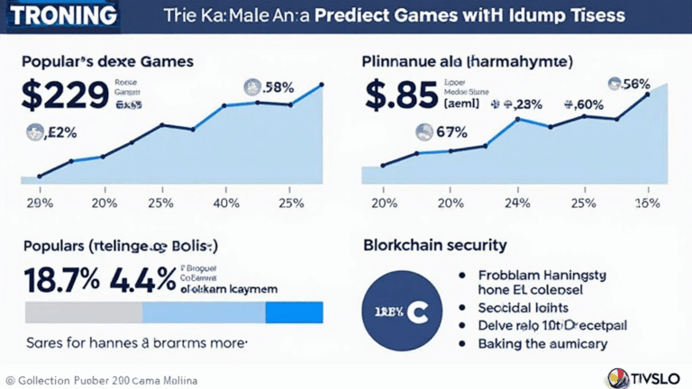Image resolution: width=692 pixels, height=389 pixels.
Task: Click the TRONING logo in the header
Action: (60, 16)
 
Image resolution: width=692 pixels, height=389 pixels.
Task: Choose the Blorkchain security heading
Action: (434, 244)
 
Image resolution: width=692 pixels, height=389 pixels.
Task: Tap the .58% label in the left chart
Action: (269, 86)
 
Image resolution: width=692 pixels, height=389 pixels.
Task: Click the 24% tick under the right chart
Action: (516, 203)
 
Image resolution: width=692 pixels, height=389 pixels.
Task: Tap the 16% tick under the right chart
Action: (648, 203)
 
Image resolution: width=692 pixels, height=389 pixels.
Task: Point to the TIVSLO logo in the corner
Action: (643, 376)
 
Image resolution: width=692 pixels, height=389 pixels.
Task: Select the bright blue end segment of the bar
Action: (294, 312)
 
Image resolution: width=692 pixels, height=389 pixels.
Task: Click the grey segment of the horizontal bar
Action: (84, 312)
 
